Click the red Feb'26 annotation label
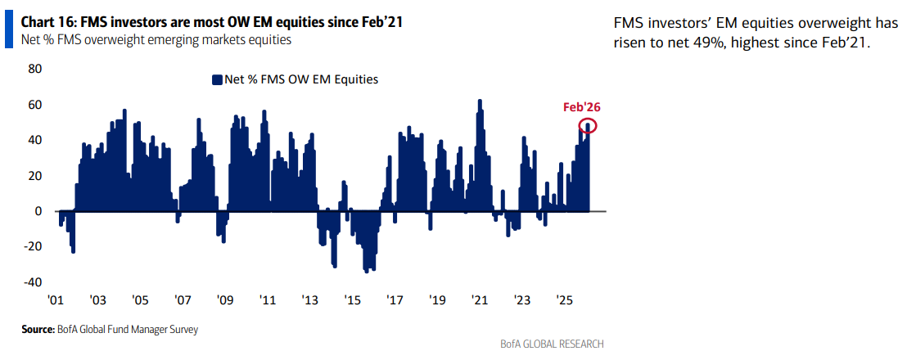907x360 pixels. click(581, 107)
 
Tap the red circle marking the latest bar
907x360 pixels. click(588, 125)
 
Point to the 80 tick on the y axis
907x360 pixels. click(35, 69)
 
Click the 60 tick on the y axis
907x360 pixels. click(35, 105)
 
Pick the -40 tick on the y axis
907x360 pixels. click(32, 282)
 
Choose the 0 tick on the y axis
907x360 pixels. click(38, 211)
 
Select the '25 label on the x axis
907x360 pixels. click(563, 301)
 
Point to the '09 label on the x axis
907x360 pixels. click(224, 301)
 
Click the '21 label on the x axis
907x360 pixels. click(478, 301)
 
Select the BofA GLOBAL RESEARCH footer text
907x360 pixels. click(552, 344)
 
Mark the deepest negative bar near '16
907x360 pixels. click(368, 272)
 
